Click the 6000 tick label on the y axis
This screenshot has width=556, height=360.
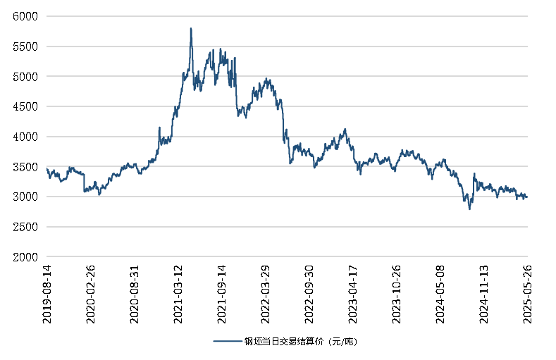26,15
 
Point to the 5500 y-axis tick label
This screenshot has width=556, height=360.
26,46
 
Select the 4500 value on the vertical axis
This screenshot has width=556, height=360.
26,106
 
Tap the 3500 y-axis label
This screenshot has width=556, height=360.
26,167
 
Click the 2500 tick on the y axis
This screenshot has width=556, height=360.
26,228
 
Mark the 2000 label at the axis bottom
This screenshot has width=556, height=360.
26,258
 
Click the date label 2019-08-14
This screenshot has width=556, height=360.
47,294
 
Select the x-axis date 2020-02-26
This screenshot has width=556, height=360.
90,294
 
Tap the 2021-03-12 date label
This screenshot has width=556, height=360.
178,294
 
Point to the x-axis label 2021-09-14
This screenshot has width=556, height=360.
221,294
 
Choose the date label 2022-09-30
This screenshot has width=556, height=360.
309,294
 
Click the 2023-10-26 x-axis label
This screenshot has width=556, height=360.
397,294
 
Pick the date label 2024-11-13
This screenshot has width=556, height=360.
484,294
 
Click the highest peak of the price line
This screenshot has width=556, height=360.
191,29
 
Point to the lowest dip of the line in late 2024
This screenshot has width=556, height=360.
469,209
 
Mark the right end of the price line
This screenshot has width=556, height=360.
527,197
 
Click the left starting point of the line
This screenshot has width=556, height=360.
47,168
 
